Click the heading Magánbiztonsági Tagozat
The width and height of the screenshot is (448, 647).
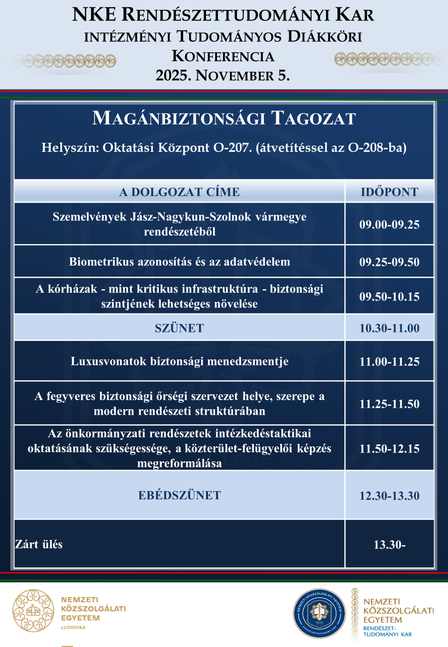point(224,118)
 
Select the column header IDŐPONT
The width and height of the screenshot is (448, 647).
point(389,192)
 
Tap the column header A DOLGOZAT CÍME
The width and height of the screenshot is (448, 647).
point(179,192)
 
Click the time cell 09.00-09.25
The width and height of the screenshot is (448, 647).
point(389,224)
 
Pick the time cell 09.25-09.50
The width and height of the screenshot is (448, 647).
point(389,262)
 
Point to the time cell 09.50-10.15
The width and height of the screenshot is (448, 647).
point(389,297)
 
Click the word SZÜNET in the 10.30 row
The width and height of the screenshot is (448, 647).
point(179,328)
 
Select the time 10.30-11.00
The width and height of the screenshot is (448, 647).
point(389,328)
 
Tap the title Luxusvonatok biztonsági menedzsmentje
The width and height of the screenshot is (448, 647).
point(179,361)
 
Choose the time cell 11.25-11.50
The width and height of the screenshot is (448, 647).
point(389,404)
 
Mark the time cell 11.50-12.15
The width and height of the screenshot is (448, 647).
point(389,448)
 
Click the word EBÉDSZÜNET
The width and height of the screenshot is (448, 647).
point(179,495)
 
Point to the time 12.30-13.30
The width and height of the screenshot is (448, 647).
point(389,496)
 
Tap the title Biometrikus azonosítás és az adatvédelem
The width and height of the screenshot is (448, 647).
point(179,262)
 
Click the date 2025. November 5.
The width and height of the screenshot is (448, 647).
point(223,75)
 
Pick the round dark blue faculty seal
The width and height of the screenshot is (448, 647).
point(319,613)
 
